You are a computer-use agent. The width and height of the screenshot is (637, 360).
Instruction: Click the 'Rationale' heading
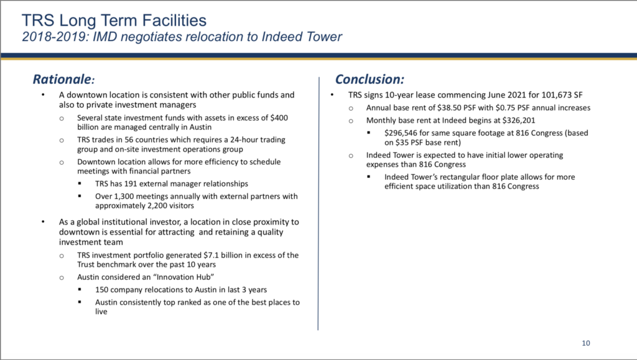(63, 79)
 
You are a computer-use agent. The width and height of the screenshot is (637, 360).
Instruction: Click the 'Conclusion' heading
(370, 79)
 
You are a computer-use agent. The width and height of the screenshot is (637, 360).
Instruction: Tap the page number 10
(586, 343)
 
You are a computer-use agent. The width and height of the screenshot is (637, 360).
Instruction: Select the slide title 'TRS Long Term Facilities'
(114, 21)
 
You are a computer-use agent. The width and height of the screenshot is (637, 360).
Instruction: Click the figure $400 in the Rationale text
(279, 118)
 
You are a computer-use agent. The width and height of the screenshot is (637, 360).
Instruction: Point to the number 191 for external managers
(131, 183)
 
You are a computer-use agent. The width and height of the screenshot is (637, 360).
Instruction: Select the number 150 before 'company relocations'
(101, 289)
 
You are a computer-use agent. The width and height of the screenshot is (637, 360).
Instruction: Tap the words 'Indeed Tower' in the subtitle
(302, 37)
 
